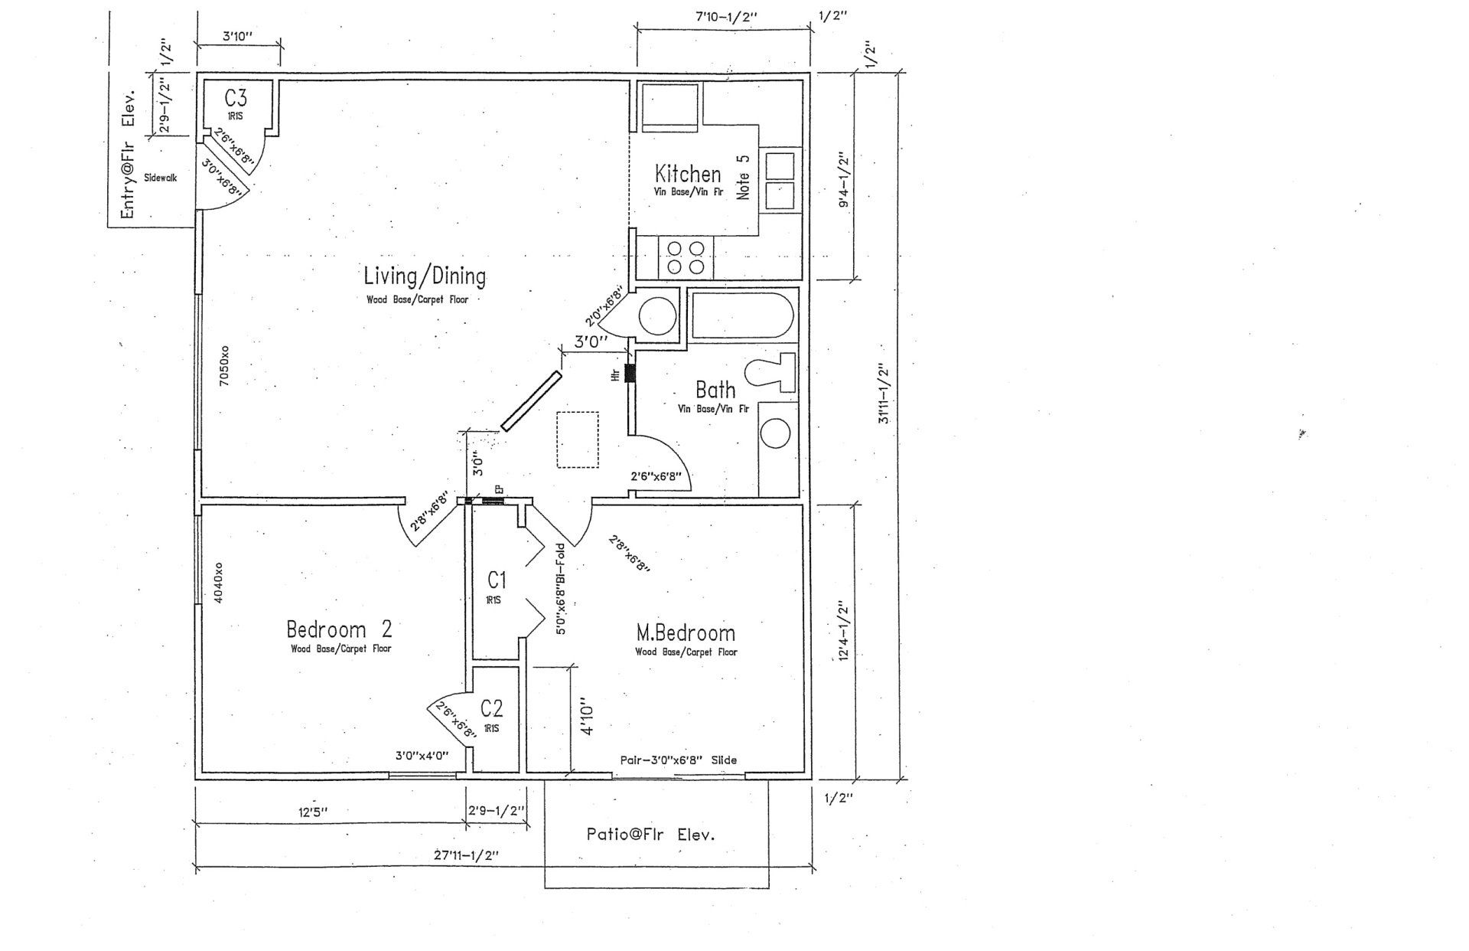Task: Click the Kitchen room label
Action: [x=687, y=174]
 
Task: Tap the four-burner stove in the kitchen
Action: [x=686, y=257]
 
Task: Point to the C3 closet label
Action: [x=235, y=98]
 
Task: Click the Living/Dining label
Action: [x=424, y=276]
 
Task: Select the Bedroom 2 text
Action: [x=339, y=629]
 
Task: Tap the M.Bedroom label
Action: [x=686, y=633]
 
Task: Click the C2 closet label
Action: [x=491, y=707]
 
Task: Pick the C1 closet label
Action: [x=497, y=580]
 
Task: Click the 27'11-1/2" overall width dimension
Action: [x=467, y=855]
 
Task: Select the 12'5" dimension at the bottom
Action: [x=314, y=812]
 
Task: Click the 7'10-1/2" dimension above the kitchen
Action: [x=726, y=16]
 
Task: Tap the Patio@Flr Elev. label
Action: [x=650, y=835]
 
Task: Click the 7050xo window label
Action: [x=223, y=367]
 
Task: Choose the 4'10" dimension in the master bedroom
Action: [x=587, y=716]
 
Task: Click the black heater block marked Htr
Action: [x=630, y=374]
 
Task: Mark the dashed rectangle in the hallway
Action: [x=578, y=440]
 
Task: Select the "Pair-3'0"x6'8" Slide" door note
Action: [x=678, y=760]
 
